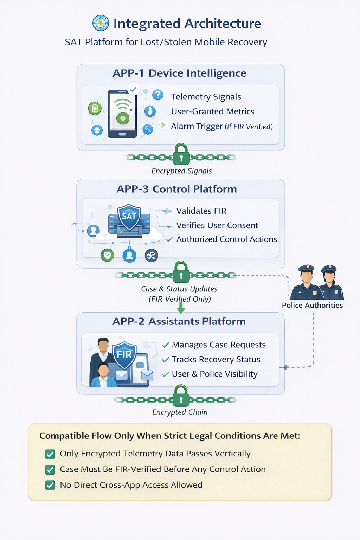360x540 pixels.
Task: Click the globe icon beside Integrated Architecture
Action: pyautogui.click(x=101, y=23)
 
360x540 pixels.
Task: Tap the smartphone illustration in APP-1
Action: pyautogui.click(x=122, y=114)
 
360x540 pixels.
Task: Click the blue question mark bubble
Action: pyautogui.click(x=157, y=95)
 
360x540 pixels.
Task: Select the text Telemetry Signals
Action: pyautogui.click(x=206, y=97)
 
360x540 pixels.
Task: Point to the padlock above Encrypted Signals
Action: pyautogui.click(x=181, y=154)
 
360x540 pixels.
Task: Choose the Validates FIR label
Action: pyautogui.click(x=201, y=211)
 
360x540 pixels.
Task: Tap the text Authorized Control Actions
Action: pyautogui.click(x=226, y=239)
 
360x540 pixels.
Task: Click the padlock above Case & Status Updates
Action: pyautogui.click(x=181, y=272)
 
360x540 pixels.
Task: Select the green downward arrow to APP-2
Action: pyautogui.click(x=181, y=308)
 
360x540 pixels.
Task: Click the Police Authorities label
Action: pyautogui.click(x=312, y=305)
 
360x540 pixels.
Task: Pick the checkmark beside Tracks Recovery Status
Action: pyautogui.click(x=165, y=360)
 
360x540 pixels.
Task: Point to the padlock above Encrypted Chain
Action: pyautogui.click(x=181, y=396)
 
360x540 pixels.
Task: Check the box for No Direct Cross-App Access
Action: pyautogui.click(x=50, y=485)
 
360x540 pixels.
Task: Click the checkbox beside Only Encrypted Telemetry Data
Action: pyautogui.click(x=50, y=454)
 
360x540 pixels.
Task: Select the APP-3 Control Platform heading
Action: pyautogui.click(x=176, y=189)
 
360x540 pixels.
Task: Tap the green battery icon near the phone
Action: pyautogui.click(x=95, y=108)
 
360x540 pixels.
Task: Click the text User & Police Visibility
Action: pyautogui.click(x=214, y=374)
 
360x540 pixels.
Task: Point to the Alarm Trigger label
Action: pyautogui.click(x=197, y=126)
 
